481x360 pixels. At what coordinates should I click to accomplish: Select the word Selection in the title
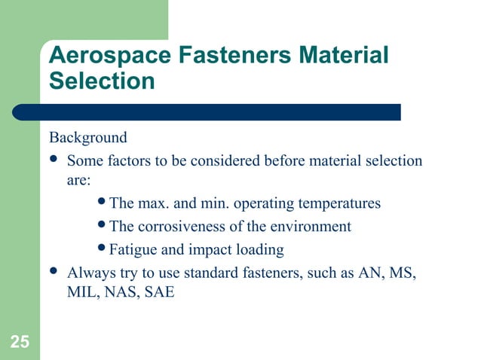pos(102,81)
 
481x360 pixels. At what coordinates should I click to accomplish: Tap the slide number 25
pos(20,343)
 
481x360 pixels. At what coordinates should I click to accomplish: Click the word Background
pos(88,139)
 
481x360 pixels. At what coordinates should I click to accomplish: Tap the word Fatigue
pos(133,249)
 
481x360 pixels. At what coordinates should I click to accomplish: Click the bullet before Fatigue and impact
pos(103,249)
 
